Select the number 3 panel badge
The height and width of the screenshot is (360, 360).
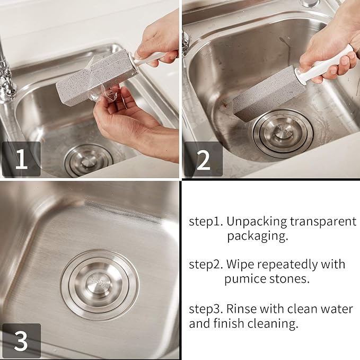tap(21, 341)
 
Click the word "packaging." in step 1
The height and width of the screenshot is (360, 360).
tap(258, 236)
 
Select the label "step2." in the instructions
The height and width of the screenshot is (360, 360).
tap(206, 264)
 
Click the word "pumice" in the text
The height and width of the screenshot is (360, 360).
tap(243, 278)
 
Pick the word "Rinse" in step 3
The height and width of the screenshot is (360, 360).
tap(241, 309)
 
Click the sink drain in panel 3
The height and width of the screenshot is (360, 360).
tap(100, 284)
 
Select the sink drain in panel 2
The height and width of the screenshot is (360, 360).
tap(283, 133)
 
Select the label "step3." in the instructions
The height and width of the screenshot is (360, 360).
tap(206, 309)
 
